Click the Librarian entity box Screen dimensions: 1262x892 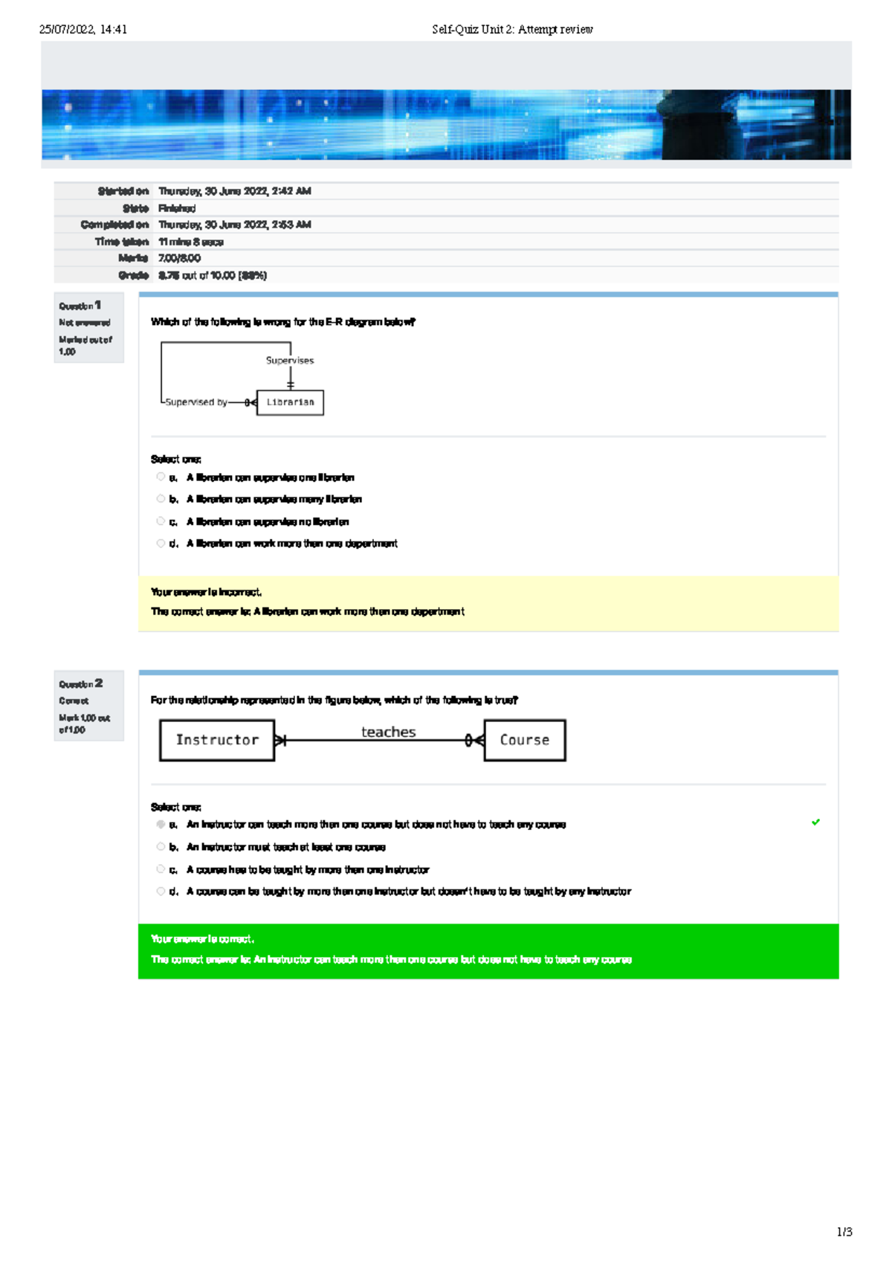point(290,402)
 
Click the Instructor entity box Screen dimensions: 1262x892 point(217,740)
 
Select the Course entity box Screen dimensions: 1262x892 point(525,740)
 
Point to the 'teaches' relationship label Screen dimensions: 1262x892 point(388,732)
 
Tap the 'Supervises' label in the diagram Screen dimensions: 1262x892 point(290,361)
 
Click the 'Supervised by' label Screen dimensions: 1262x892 point(196,402)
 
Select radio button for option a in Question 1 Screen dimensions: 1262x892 point(161,477)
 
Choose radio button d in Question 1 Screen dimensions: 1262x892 point(161,544)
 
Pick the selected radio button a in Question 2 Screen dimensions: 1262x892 point(161,824)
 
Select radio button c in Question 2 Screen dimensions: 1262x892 point(161,869)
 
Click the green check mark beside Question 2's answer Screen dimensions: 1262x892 point(815,822)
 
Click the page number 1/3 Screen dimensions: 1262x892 point(844,1232)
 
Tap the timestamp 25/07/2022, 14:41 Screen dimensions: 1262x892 point(83,30)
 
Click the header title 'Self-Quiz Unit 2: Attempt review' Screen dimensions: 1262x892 point(512,30)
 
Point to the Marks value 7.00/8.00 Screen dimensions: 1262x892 point(179,258)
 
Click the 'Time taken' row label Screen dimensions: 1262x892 point(122,242)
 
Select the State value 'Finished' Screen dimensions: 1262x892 point(177,208)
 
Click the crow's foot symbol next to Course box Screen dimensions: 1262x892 point(474,740)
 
